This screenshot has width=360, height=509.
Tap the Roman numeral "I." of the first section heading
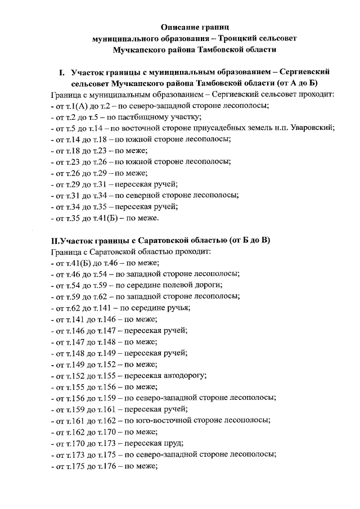[x=62, y=73]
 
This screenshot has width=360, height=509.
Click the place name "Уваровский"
[x=312, y=128]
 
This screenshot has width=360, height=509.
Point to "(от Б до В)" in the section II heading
[x=250, y=241]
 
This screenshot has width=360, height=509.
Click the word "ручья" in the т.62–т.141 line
[x=178, y=308]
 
